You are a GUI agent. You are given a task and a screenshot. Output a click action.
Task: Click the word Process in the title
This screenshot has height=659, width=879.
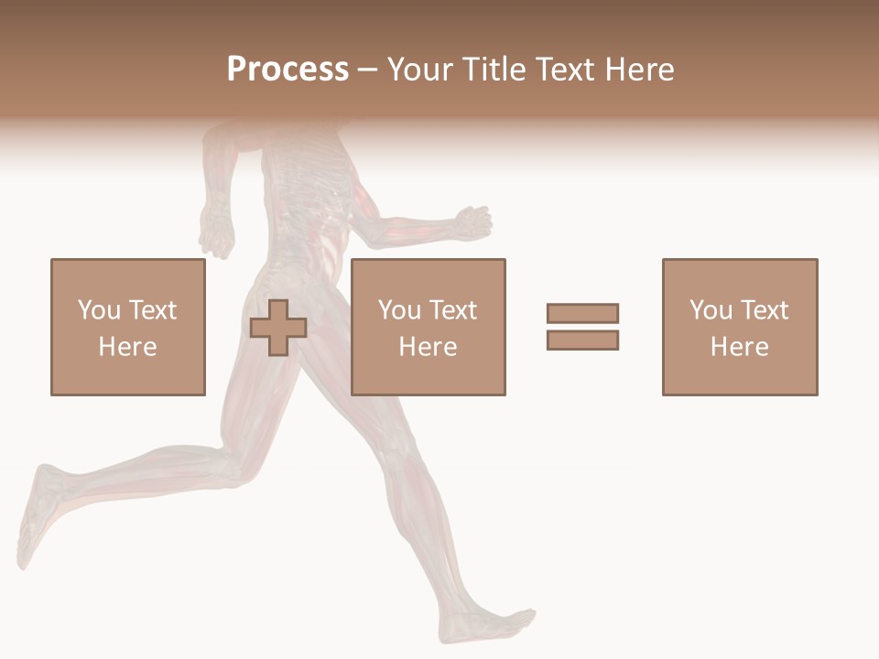[x=288, y=70]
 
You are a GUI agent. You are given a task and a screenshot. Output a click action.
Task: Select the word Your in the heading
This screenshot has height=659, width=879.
[x=421, y=70]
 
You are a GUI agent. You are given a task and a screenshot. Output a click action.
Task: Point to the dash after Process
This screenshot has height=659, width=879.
[x=367, y=70]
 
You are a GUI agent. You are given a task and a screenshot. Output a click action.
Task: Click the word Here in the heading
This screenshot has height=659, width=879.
[x=639, y=70]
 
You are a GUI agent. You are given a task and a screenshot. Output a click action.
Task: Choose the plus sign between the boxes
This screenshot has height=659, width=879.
[x=278, y=328]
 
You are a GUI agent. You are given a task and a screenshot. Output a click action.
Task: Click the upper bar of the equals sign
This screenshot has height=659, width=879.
[x=582, y=314]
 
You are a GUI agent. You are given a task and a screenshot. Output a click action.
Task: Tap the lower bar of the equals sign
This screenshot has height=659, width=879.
[x=582, y=340]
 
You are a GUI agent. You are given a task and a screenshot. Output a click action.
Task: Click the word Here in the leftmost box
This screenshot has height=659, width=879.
[x=127, y=347]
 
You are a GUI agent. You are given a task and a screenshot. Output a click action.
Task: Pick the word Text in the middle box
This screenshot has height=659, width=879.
[x=452, y=310]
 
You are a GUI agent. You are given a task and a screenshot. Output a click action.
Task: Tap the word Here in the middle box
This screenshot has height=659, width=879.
[x=428, y=347]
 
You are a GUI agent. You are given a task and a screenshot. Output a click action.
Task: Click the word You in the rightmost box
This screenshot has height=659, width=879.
[x=710, y=310]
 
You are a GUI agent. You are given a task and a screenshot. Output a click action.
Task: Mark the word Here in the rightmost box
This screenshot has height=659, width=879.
[x=739, y=347]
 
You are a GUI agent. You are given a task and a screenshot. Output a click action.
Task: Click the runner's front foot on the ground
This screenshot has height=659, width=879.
[x=490, y=625]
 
